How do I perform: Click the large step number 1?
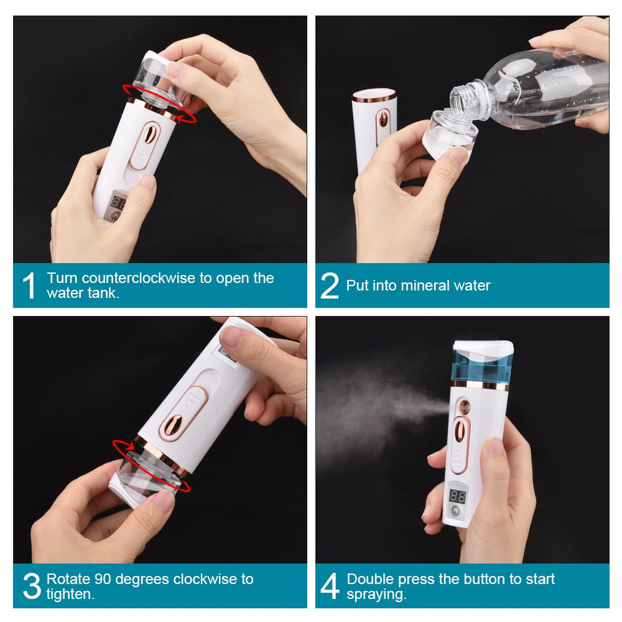[29, 285]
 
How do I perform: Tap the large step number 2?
[330, 285]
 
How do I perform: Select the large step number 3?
[32, 586]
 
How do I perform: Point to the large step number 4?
[330, 586]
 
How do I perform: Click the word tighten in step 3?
[69, 594]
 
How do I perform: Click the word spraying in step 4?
[374, 595]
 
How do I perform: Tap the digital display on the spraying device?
[457, 496]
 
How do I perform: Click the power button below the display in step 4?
[456, 511]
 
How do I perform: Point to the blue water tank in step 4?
[481, 367]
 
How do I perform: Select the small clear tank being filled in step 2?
[449, 135]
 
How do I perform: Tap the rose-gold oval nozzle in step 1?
[150, 133]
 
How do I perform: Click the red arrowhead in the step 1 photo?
[181, 118]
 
